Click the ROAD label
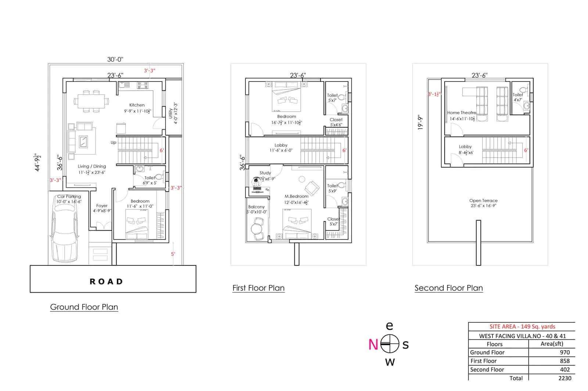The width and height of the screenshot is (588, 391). [x=106, y=282]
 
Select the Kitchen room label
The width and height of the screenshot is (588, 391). [x=137, y=105]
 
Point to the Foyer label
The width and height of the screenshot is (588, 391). [x=102, y=206]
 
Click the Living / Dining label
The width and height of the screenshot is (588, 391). [x=92, y=166]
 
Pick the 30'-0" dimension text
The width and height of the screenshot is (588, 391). [x=115, y=59]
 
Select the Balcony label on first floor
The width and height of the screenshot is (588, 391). [x=256, y=207]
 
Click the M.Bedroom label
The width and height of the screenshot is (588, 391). [x=296, y=196]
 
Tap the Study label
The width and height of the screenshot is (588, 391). [x=265, y=173]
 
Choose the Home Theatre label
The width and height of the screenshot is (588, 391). [x=461, y=113]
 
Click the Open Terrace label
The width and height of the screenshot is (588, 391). [x=483, y=200]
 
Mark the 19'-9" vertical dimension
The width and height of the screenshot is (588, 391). [x=420, y=123]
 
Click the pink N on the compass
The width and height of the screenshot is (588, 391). [x=373, y=344]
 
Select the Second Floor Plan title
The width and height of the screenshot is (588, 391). [x=448, y=288]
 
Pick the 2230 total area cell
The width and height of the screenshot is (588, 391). [x=564, y=378]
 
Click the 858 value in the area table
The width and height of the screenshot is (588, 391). [x=564, y=361]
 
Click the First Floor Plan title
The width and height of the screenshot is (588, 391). [x=258, y=288]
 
